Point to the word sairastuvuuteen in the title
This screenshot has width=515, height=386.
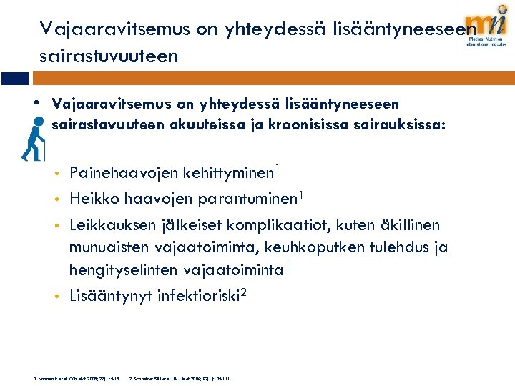tap(109, 56)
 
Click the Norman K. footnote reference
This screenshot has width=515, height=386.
tap(71, 377)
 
